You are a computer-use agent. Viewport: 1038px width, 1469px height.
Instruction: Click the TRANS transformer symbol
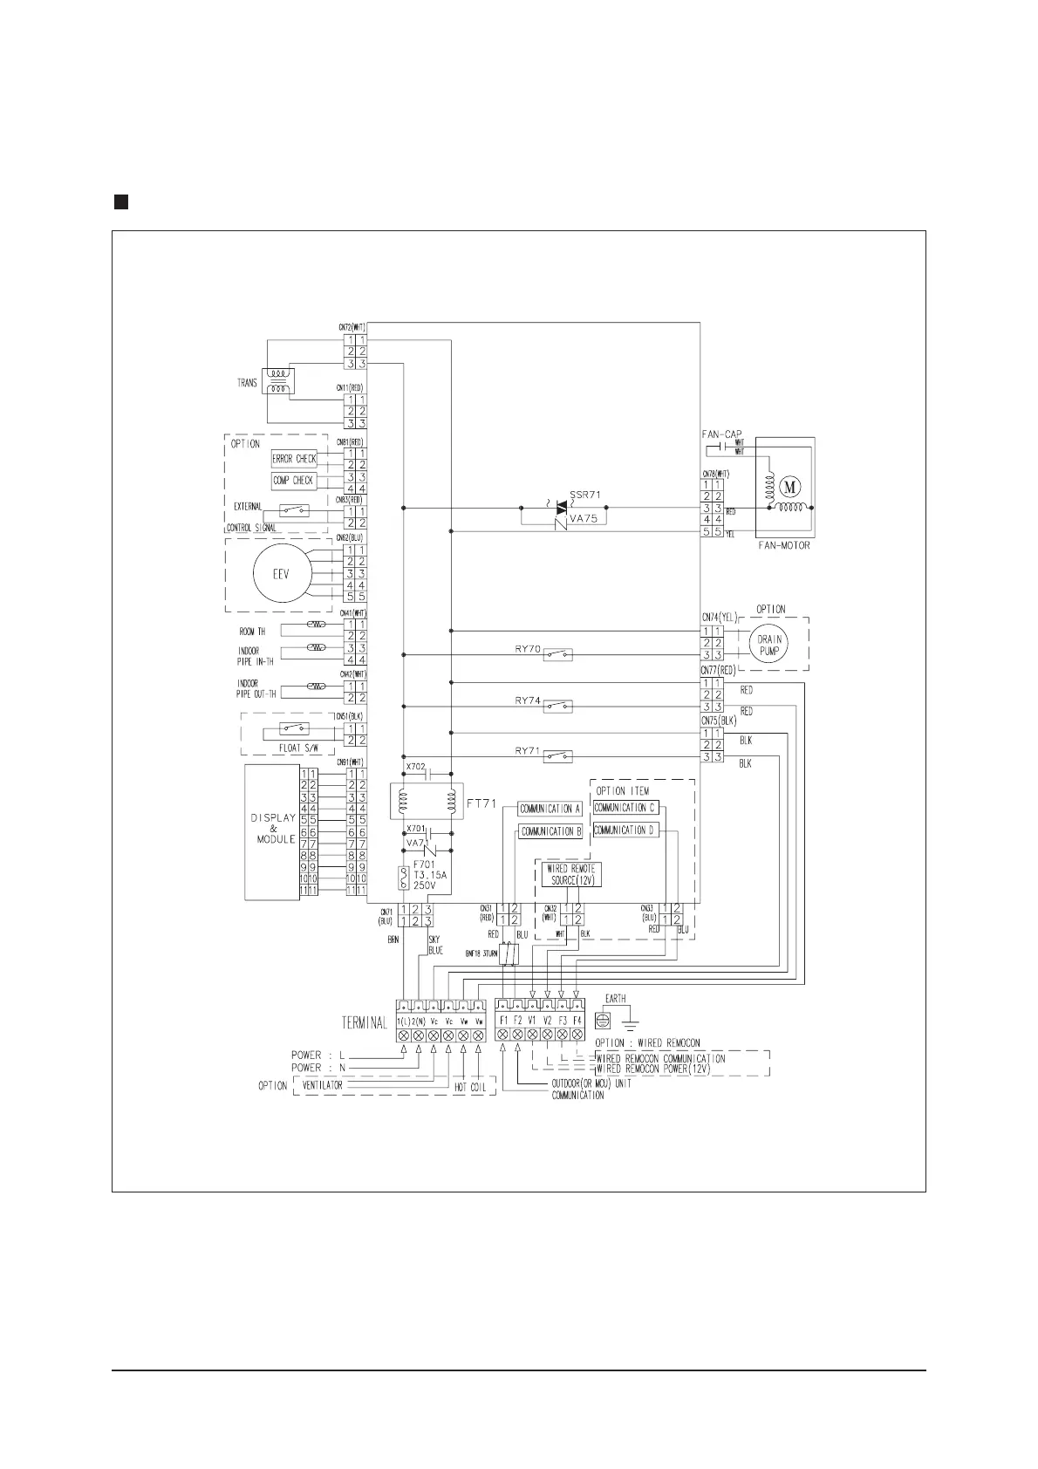[x=279, y=381]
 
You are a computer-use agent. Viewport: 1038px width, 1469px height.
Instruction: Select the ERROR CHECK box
[x=294, y=459]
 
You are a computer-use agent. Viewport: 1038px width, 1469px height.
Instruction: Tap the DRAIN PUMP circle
[x=769, y=646]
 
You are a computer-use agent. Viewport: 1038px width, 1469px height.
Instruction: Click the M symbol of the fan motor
[x=793, y=485]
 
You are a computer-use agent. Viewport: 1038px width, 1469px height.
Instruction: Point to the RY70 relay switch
[x=558, y=654]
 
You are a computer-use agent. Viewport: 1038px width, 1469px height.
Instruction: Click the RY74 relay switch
[x=558, y=707]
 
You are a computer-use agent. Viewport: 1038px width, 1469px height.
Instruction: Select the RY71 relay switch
[x=558, y=756]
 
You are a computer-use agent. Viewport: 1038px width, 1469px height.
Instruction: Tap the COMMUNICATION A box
[x=550, y=809]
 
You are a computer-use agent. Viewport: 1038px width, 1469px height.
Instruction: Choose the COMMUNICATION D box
[x=625, y=830]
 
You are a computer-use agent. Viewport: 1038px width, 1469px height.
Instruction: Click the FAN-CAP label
[x=721, y=434]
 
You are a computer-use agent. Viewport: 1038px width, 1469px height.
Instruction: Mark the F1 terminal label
[x=503, y=1020]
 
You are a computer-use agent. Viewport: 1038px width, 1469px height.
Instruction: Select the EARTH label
[x=615, y=999]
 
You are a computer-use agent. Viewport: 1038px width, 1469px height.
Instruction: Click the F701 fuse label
[x=425, y=865]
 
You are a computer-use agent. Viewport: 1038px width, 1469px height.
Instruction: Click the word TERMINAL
[x=365, y=1023]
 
